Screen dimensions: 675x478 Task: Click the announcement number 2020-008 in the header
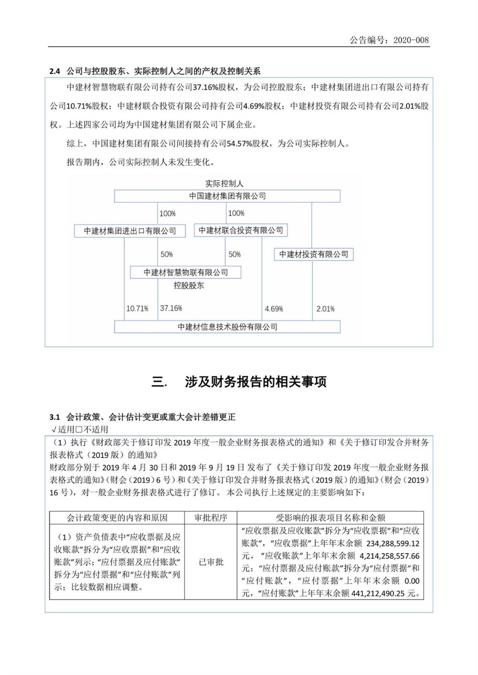[411, 40]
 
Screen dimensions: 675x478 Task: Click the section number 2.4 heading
[55, 72]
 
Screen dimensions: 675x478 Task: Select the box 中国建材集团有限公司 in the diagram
[227, 196]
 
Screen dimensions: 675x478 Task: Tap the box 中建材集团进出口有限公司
[130, 231]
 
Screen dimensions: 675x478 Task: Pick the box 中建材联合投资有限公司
[241, 230]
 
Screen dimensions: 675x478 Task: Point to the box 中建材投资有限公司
[313, 255]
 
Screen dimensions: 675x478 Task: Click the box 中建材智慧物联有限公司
[186, 272]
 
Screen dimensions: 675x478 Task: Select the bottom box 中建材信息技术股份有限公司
[227, 327]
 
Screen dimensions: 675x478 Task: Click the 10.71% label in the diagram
[137, 309]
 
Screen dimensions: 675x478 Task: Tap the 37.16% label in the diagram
[171, 308]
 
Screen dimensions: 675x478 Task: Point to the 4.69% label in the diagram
[274, 309]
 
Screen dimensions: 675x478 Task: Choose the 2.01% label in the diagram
[325, 309]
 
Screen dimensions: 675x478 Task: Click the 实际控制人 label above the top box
[224, 184]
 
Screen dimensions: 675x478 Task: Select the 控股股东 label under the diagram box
[188, 286]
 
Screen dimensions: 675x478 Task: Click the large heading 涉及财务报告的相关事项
[255, 382]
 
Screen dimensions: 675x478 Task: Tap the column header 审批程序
[211, 518]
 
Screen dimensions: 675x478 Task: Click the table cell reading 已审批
[211, 562]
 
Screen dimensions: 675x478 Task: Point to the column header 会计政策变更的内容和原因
[117, 518]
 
